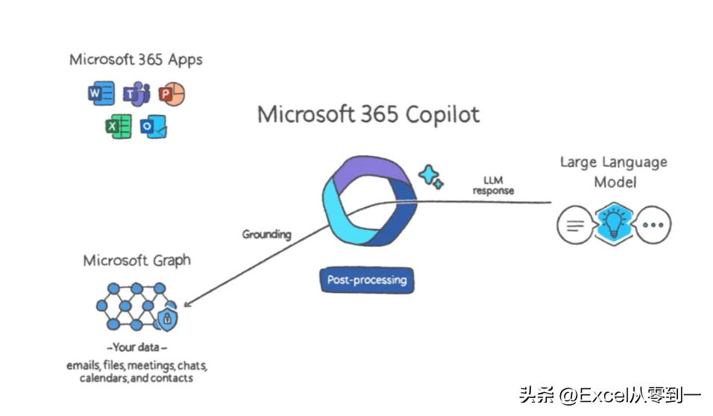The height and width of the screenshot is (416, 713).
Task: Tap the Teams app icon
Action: pos(136,94)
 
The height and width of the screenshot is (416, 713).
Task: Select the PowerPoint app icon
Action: pos(172,94)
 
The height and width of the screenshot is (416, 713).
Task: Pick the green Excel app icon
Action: pos(118,127)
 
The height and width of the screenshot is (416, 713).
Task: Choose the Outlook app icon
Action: pos(154,127)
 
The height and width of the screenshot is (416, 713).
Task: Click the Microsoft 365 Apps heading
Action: pos(136,59)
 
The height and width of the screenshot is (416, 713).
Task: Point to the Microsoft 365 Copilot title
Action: pos(368,114)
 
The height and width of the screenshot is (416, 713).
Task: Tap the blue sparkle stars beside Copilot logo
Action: pos(431,176)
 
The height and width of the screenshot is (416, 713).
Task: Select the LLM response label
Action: pos(493,186)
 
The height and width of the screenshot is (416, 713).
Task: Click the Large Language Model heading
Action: pos(614,171)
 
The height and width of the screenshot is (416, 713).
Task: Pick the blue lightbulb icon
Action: pos(614,223)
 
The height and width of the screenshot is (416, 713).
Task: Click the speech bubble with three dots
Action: pos(652,224)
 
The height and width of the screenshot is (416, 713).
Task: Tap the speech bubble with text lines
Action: pos(575,224)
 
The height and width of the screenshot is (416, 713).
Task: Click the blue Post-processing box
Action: pos(367,280)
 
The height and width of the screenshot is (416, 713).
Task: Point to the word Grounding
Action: pos(266,234)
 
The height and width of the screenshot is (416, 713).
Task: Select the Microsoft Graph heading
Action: pos(136,260)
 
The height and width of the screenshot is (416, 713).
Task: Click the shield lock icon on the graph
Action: pos(169,318)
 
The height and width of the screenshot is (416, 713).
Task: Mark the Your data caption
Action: pos(136,347)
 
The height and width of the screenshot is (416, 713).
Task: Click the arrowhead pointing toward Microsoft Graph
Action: pos(187,303)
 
